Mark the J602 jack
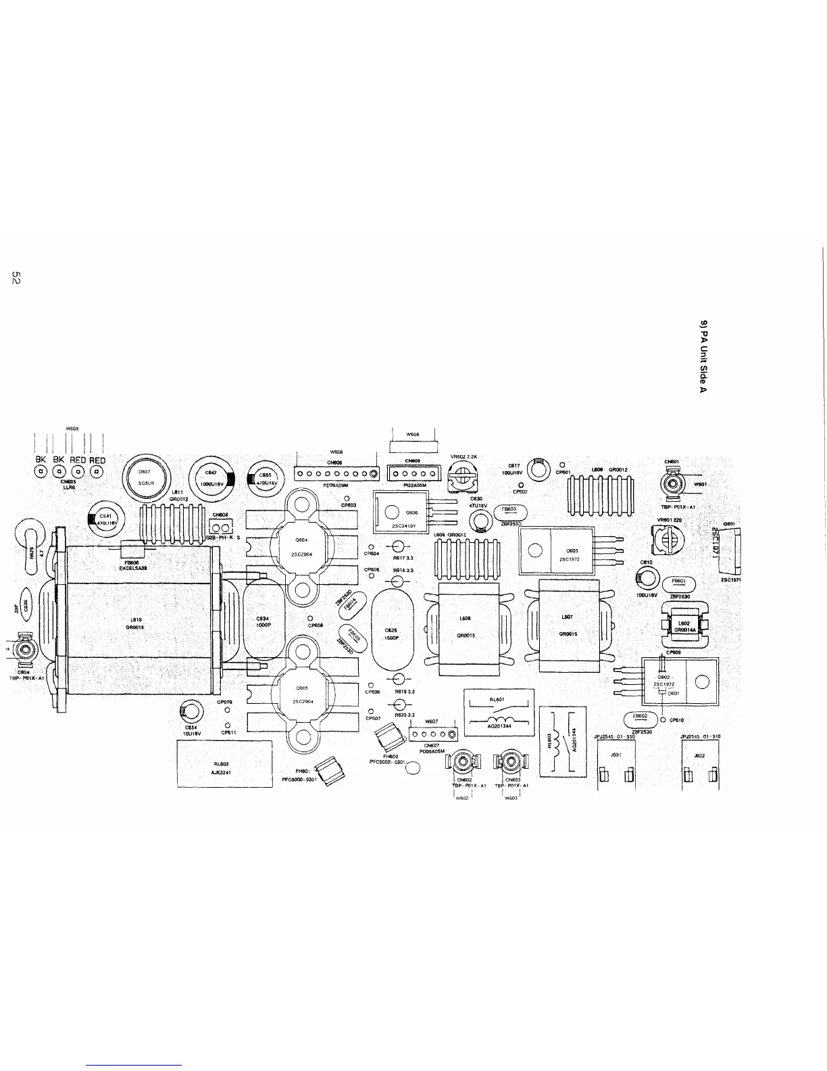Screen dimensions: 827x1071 [700, 765]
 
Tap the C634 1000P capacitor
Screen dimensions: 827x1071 [264, 622]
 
